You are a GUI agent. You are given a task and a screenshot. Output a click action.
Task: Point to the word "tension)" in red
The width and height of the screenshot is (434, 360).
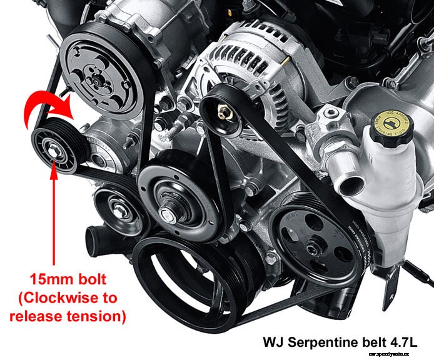[101, 316]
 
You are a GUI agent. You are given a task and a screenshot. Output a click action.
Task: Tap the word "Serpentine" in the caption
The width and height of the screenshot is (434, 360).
[324, 342]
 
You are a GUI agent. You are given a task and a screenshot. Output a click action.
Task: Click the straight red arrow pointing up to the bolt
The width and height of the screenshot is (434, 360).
[54, 212]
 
